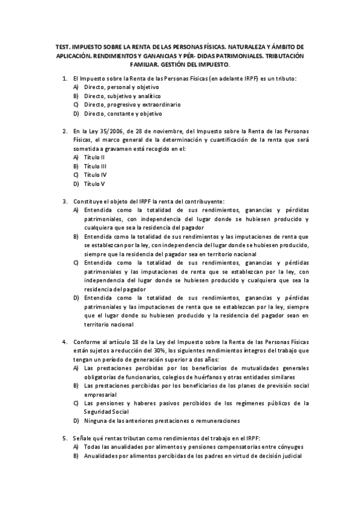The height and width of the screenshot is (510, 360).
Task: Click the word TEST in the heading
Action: point(62,46)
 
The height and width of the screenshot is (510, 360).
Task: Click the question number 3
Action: point(64,201)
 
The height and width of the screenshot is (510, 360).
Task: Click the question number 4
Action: point(64,342)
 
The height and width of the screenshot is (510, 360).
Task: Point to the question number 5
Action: point(64,438)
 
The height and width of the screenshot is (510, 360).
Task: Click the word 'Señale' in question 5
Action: point(82,438)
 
